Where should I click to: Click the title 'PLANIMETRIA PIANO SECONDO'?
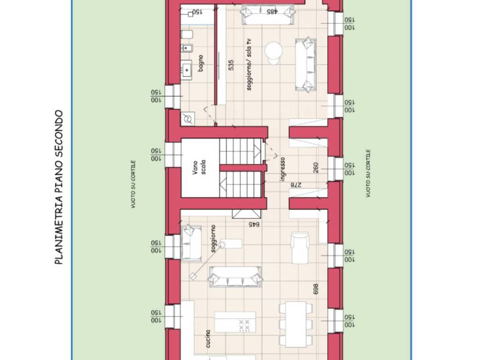(x=59, y=187)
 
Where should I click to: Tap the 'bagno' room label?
(x=201, y=63)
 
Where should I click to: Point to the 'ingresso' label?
(x=283, y=169)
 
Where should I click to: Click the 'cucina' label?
(x=208, y=338)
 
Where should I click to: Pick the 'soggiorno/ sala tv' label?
(x=249, y=64)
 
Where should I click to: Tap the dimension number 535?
(x=231, y=65)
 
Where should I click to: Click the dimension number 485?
(x=272, y=12)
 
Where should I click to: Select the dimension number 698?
(x=316, y=289)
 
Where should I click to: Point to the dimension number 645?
(x=254, y=224)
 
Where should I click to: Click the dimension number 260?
(x=316, y=167)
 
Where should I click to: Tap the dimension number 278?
(x=296, y=185)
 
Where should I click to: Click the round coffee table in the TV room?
(x=273, y=52)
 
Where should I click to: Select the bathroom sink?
(x=186, y=70)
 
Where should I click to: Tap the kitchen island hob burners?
(x=244, y=326)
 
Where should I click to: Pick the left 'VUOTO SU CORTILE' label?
(x=133, y=185)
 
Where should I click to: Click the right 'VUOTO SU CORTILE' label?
(x=368, y=173)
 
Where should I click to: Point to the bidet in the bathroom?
(x=187, y=48)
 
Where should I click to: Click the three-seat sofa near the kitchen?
(x=235, y=277)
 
